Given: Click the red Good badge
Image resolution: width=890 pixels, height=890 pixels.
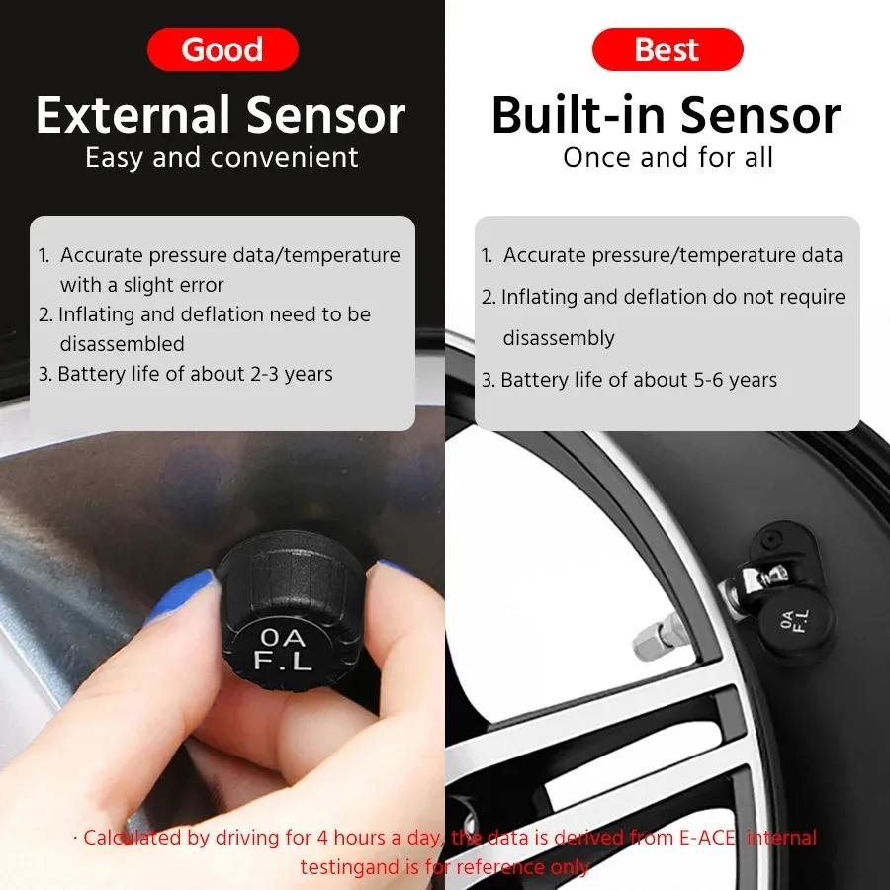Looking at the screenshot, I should (222, 49).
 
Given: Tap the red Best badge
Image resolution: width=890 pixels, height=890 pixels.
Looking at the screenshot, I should (667, 49).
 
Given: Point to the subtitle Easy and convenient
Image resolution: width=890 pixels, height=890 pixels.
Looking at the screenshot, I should (222, 157).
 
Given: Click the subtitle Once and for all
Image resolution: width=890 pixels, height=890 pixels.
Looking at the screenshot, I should (667, 157).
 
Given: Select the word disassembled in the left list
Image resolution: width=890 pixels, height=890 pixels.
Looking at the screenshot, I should (122, 344).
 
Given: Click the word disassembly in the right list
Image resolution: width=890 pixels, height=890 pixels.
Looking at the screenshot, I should (559, 338).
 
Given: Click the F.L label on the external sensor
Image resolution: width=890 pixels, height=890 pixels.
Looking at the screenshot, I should (284, 660).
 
